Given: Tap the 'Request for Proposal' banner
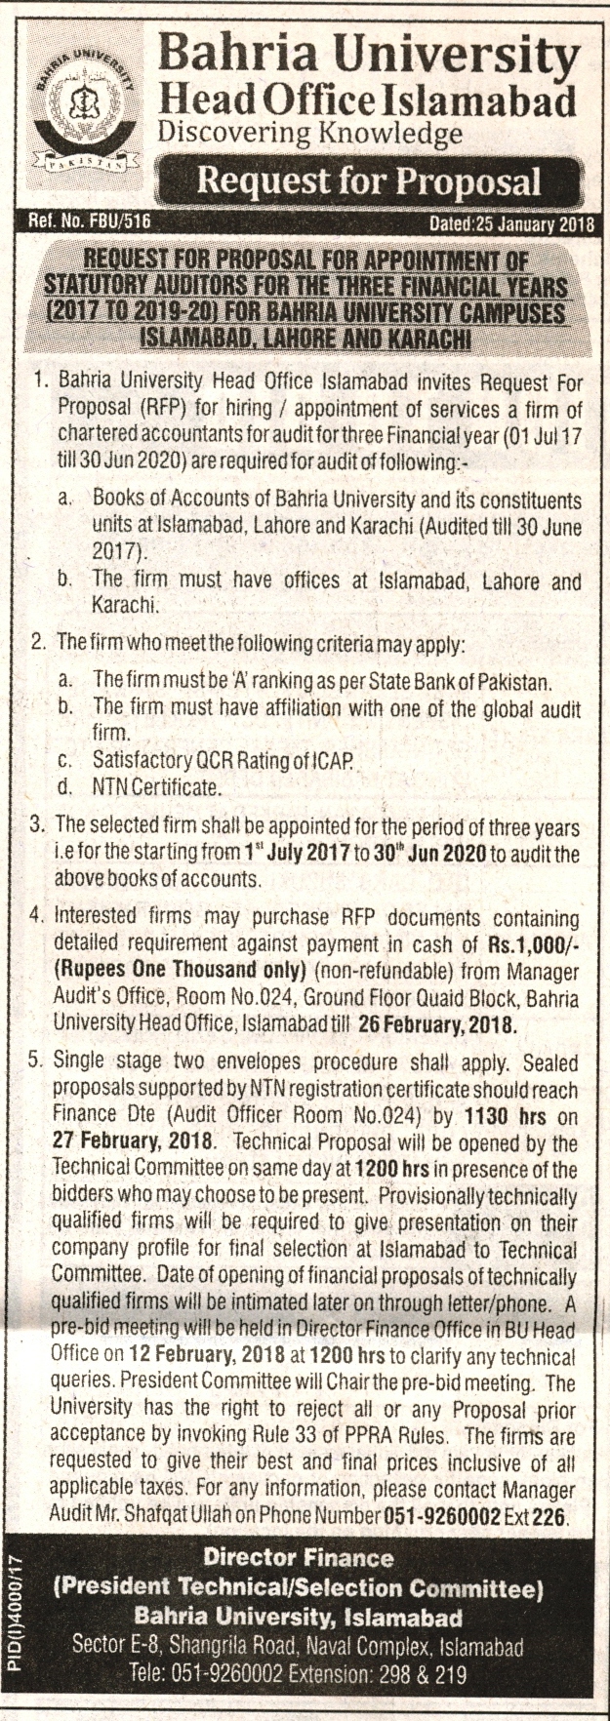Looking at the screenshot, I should [368, 181].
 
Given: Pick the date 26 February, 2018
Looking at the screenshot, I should [450, 1025].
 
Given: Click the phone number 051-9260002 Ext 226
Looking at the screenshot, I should [473, 1517].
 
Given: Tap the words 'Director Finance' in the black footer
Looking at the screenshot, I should [299, 1558].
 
